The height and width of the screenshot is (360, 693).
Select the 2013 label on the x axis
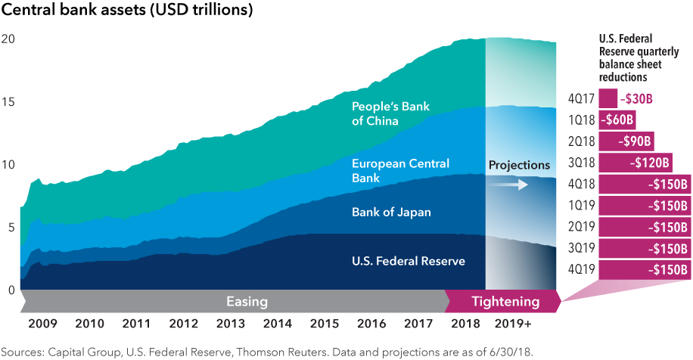tap(230, 324)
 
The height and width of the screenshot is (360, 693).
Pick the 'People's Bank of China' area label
tap(390, 113)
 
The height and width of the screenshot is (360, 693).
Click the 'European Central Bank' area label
tap(400, 170)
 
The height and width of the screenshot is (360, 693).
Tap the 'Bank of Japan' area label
tap(391, 212)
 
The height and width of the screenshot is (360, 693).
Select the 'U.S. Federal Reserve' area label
tap(408, 261)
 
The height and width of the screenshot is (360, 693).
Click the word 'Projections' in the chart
tap(518, 165)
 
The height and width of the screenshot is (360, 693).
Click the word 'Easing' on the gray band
tap(247, 302)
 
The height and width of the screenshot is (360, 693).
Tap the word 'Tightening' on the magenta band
tap(505, 302)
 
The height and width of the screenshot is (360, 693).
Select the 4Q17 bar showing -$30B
tap(608, 98)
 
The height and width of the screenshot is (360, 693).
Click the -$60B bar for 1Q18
tap(617, 119)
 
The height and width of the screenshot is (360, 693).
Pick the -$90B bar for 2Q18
tap(626, 141)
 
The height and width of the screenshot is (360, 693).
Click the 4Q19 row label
tap(581, 270)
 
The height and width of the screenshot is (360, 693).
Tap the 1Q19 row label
tap(581, 205)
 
